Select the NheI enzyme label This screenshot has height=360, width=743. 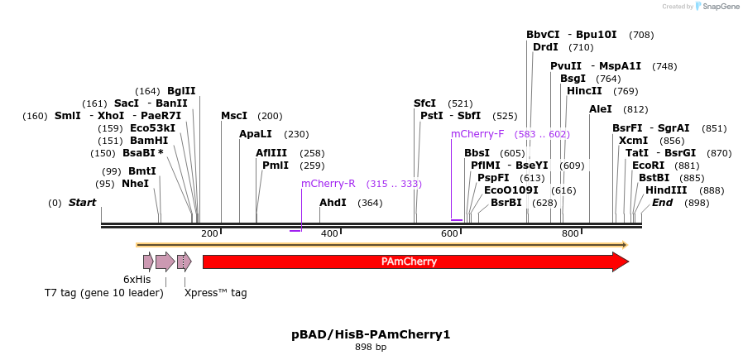pos(135,184)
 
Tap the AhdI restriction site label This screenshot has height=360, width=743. pos(333,203)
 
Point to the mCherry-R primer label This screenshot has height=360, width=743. pos(328,184)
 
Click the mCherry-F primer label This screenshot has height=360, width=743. pos(477,134)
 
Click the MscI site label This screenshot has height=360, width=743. pos(234,116)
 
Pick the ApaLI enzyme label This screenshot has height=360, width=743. pos(256,134)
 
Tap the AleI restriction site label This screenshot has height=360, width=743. pos(601,109)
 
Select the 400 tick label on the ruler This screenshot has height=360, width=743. pos(329,233)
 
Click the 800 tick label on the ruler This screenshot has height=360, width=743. pos(570,233)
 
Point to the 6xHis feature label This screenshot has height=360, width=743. pos(137,280)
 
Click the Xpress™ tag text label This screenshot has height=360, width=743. pos(215,293)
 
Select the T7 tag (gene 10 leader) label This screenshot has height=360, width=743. pos(103,293)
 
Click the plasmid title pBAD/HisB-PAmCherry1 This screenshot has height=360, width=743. pos(371,334)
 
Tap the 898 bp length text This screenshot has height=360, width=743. pos(371,348)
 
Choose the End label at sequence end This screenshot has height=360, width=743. pos(662,203)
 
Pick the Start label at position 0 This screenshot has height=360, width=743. pos(82,203)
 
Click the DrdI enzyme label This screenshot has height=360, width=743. pos(545,47)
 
